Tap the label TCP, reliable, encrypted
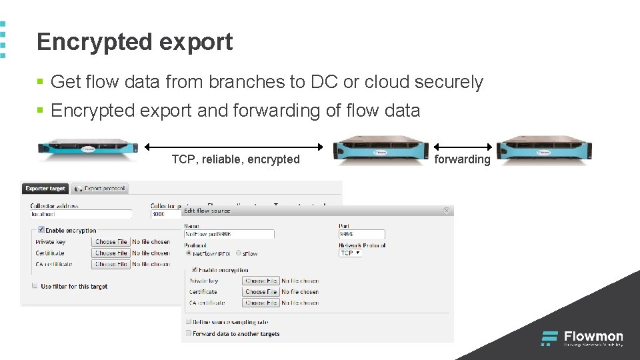click(x=235, y=159)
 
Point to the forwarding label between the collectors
click(x=462, y=159)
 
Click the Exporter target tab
click(x=45, y=189)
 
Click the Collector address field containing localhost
click(x=80, y=214)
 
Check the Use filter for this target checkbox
click(x=35, y=286)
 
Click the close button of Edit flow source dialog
click(x=447, y=211)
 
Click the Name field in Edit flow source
click(x=229, y=235)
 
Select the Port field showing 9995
click(x=361, y=235)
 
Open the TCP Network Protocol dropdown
click(x=350, y=253)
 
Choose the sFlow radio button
click(x=239, y=253)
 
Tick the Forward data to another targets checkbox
click(x=188, y=333)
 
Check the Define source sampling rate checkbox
click(x=188, y=322)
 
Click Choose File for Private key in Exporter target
click(x=111, y=242)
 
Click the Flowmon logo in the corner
click(x=581, y=338)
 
